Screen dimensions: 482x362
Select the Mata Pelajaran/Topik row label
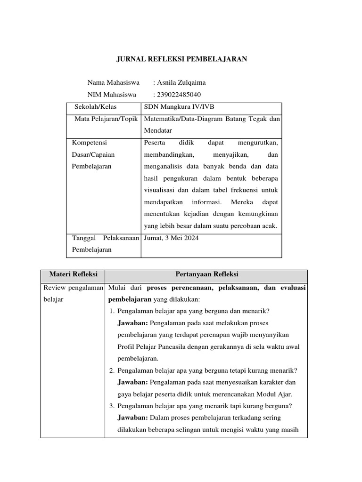pyautogui.click(x=106, y=119)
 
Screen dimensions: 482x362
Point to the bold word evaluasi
pyautogui.click(x=292, y=287)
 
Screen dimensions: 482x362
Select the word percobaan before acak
pyautogui.click(x=242, y=226)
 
